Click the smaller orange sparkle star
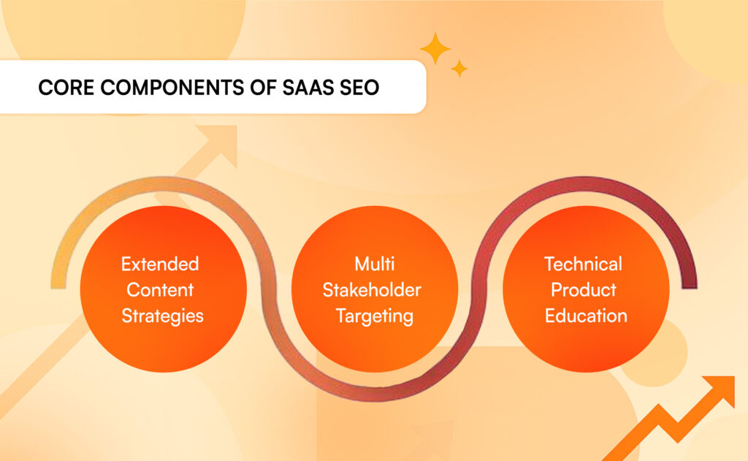(x=459, y=68)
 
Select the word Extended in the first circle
(x=160, y=263)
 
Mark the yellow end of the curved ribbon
(x=58, y=281)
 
